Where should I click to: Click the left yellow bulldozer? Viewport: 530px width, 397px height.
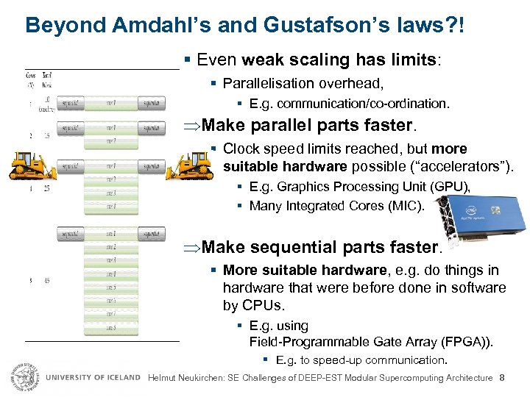34,166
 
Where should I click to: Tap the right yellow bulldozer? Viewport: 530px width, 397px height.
189,165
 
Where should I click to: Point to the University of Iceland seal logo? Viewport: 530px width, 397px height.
24,377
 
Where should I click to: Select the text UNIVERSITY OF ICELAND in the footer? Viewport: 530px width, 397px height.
93,378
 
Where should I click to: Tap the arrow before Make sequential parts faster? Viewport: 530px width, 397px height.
191,247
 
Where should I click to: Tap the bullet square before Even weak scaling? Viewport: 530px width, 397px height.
190,60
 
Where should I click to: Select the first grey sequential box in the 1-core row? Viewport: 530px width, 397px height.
73,104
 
